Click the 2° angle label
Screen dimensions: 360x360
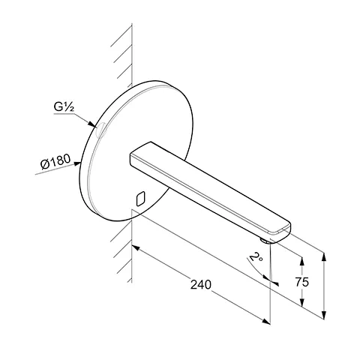coord(256,262)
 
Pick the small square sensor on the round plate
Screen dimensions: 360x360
coord(139,199)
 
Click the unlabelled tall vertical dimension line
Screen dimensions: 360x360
coord(323,285)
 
